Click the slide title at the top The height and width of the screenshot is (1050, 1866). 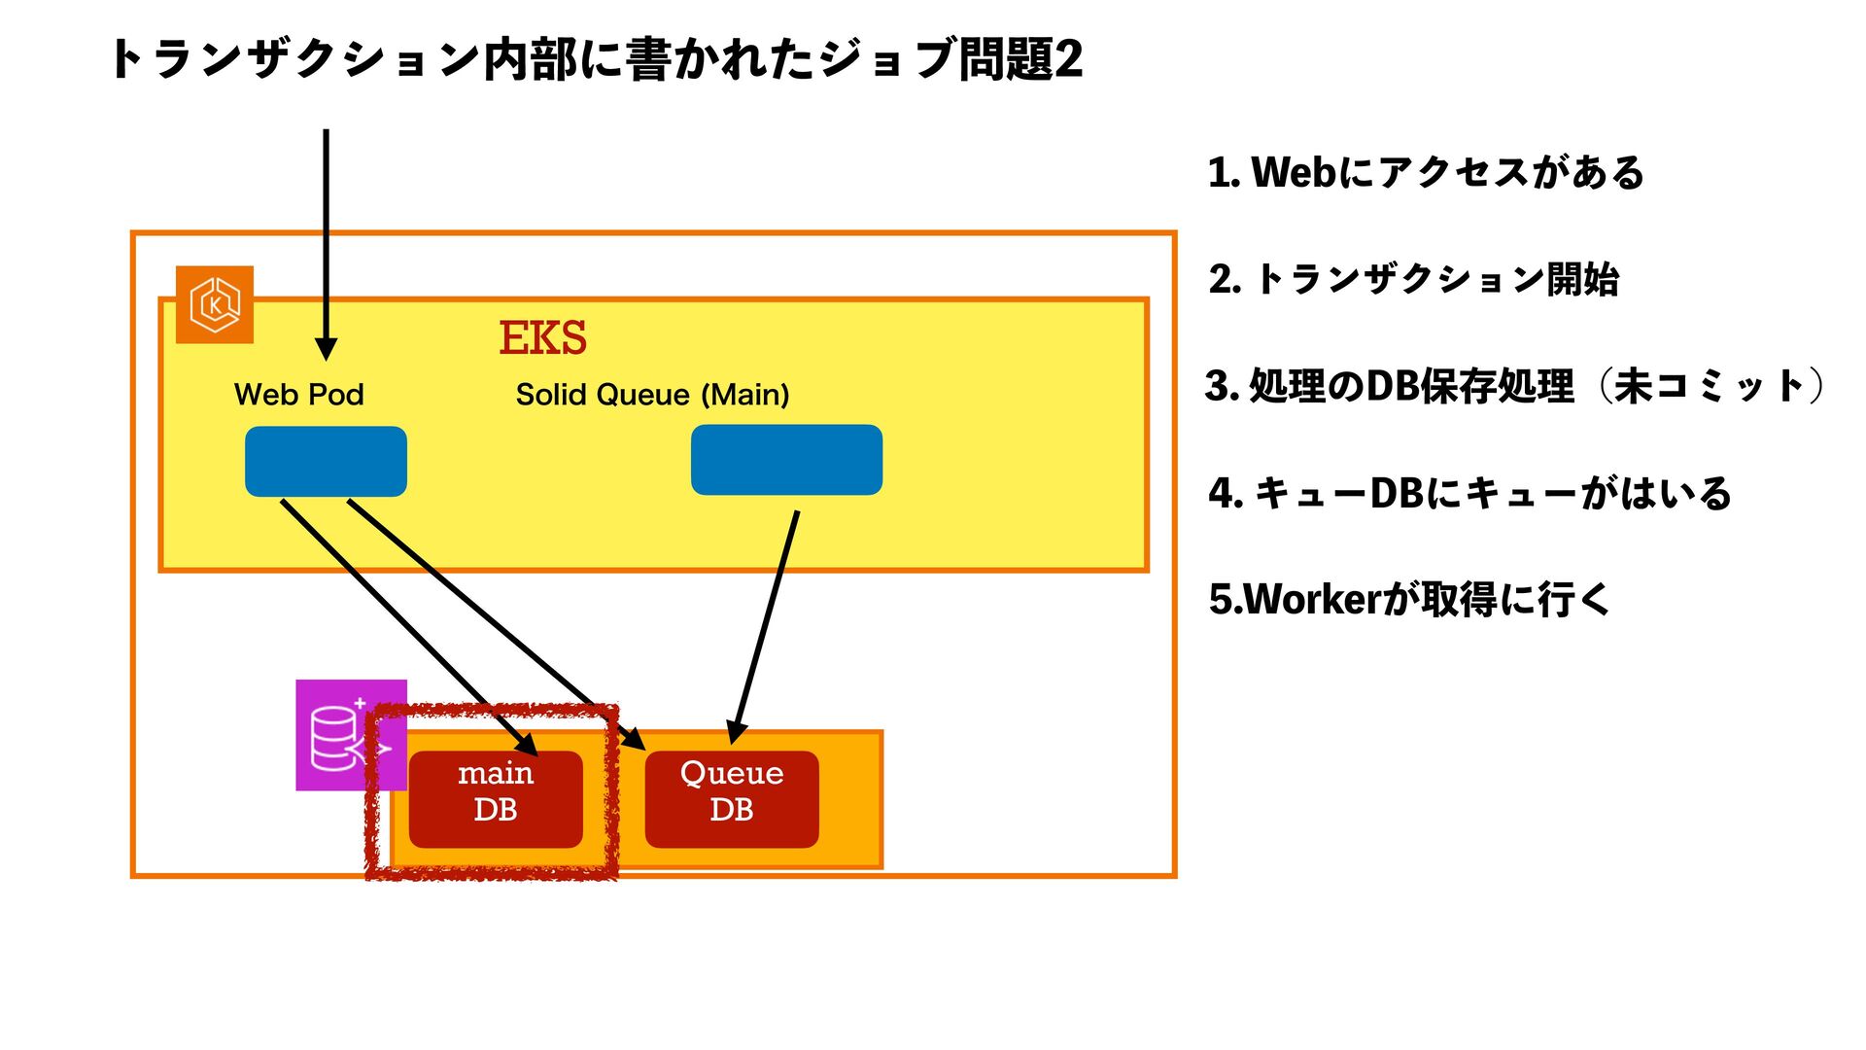pyautogui.click(x=597, y=59)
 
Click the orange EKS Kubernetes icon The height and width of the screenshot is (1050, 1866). pyautogui.click(x=215, y=304)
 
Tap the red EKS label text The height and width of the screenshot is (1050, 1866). pyautogui.click(x=542, y=338)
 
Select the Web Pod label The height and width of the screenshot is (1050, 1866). pyautogui.click(x=299, y=395)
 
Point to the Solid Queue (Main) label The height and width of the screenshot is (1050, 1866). pyautogui.click(x=652, y=395)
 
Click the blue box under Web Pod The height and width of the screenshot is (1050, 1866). pyautogui.click(x=326, y=462)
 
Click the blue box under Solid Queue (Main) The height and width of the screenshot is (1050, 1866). pyautogui.click(x=786, y=460)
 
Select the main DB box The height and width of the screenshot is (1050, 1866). pyautogui.click(x=496, y=799)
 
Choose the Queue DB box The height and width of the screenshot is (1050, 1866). pyautogui.click(x=732, y=799)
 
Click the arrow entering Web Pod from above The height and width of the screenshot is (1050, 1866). pyautogui.click(x=327, y=245)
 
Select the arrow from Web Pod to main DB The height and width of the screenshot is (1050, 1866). pyautogui.click(x=409, y=628)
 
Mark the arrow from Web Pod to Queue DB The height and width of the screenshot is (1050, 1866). pyautogui.click(x=497, y=625)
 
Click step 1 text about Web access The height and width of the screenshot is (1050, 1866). pyautogui.click(x=1426, y=173)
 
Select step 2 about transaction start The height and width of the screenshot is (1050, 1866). pyautogui.click(x=1414, y=279)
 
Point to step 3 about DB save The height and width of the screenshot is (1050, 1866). pyautogui.click(x=1515, y=386)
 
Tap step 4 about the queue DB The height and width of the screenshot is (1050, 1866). pyautogui.click(x=1469, y=493)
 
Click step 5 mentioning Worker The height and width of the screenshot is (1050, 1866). pyautogui.click(x=1410, y=599)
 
